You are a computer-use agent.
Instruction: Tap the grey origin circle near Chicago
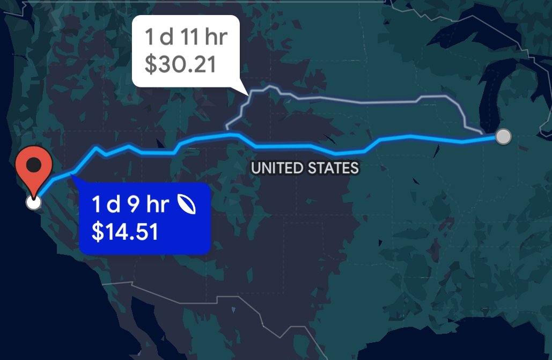(503, 137)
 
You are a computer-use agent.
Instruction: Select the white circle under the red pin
(33, 202)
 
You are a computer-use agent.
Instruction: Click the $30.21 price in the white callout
(181, 64)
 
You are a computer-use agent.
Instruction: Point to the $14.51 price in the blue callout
(125, 232)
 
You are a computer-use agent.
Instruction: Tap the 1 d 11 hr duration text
(186, 38)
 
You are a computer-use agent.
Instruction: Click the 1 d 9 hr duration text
(131, 204)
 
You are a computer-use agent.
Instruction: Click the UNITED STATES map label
(305, 168)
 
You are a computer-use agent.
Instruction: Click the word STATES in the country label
(333, 168)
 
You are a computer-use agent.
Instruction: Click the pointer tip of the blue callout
(71, 175)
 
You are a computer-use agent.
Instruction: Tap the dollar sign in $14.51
(97, 232)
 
